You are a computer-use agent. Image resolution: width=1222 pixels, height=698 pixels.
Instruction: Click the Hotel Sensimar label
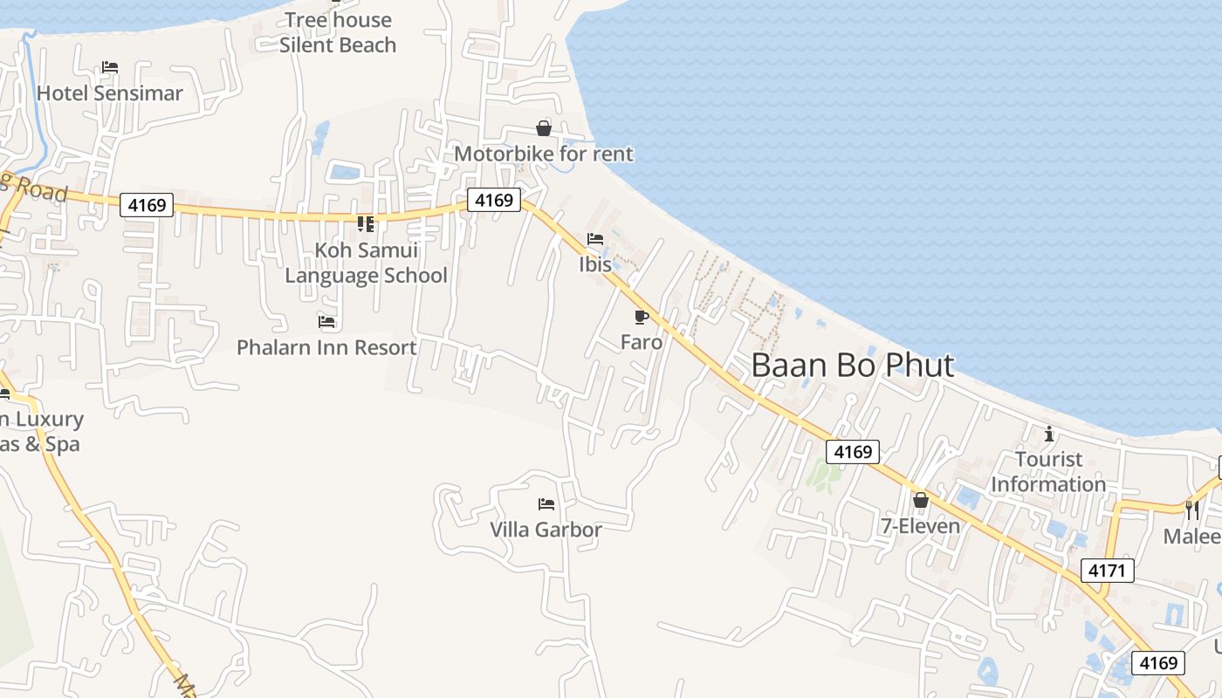pos(110,93)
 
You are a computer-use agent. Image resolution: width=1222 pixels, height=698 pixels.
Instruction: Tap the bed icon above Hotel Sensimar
pos(110,67)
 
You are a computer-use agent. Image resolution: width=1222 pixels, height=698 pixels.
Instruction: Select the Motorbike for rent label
pos(544,154)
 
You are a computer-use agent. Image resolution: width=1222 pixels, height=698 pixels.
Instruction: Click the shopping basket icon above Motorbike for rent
pos(544,129)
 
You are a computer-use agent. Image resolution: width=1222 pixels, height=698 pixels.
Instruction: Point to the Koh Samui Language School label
pos(367,263)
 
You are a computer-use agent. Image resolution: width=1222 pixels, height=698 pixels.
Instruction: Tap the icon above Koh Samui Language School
pos(366,224)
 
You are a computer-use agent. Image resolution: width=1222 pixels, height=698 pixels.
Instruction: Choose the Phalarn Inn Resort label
pos(326,347)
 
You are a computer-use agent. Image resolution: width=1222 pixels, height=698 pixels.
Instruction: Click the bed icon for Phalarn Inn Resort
pos(326,322)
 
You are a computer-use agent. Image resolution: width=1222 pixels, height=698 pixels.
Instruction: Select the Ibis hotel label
pos(595,264)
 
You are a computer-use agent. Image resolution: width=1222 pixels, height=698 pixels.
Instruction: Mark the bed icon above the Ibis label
pos(595,239)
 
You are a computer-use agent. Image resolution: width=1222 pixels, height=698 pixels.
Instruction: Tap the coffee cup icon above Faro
pos(642,317)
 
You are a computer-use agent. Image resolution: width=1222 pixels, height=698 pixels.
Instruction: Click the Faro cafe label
pos(642,342)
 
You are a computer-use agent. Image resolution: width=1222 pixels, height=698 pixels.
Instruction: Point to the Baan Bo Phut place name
pos(853,366)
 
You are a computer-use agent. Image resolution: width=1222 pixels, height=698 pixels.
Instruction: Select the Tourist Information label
pos(1048,471)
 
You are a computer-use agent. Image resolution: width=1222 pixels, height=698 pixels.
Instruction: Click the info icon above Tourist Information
pos(1049,434)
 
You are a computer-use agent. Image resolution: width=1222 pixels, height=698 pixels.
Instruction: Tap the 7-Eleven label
pos(920,526)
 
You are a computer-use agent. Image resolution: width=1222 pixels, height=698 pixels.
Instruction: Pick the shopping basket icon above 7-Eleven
pos(920,500)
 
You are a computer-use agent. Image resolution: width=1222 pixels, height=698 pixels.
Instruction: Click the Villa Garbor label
pos(546,530)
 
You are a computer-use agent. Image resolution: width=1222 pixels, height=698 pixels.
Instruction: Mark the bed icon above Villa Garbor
pos(546,504)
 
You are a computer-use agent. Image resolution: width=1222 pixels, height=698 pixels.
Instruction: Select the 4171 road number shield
pos(1108,571)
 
